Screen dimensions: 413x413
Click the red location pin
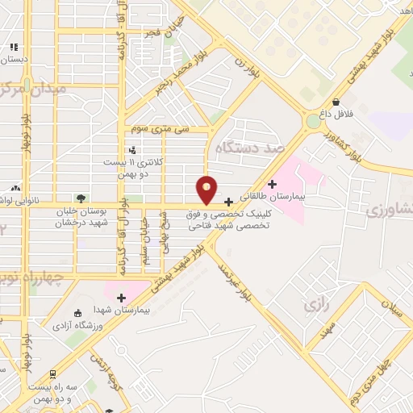pyautogui.click(x=207, y=190)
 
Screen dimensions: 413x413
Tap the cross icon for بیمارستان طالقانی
pyautogui.click(x=272, y=184)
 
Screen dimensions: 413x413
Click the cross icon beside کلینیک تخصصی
pyautogui.click(x=229, y=202)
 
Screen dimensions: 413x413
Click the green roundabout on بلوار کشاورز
pyautogui.click(x=313, y=121)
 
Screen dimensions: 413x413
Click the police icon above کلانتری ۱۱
pyautogui.click(x=132, y=149)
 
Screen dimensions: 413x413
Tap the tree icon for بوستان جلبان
pyautogui.click(x=80, y=198)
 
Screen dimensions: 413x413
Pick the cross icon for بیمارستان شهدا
pyautogui.click(x=121, y=298)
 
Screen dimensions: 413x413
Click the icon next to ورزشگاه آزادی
pyautogui.click(x=77, y=313)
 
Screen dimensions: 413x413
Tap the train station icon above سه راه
pyautogui.click(x=52, y=374)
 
